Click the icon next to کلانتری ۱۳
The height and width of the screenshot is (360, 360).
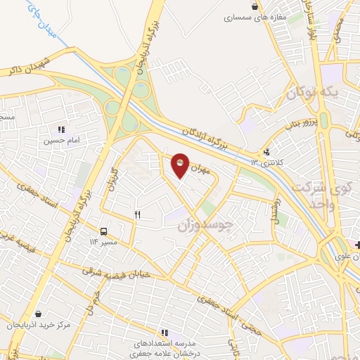[x=266, y=151]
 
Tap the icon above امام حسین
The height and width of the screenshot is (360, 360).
[x=62, y=129]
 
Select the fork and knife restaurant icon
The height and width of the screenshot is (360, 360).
[x=138, y=215]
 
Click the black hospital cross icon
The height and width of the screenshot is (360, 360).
[x=359, y=245]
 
